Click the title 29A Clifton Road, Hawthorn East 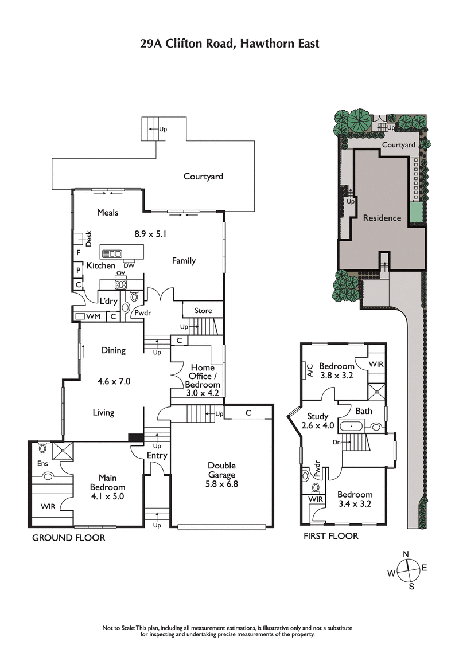click(x=229, y=44)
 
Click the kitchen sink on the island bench click(x=112, y=253)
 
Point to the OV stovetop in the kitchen click(x=120, y=284)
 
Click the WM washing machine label click(x=94, y=316)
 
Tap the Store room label click(x=203, y=311)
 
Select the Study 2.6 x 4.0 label click(x=317, y=421)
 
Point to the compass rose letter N click(x=406, y=554)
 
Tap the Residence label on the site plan click(x=382, y=218)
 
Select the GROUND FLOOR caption click(x=68, y=538)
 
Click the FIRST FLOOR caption click(x=331, y=536)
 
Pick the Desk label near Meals click(x=89, y=239)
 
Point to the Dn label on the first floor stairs click(x=337, y=442)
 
